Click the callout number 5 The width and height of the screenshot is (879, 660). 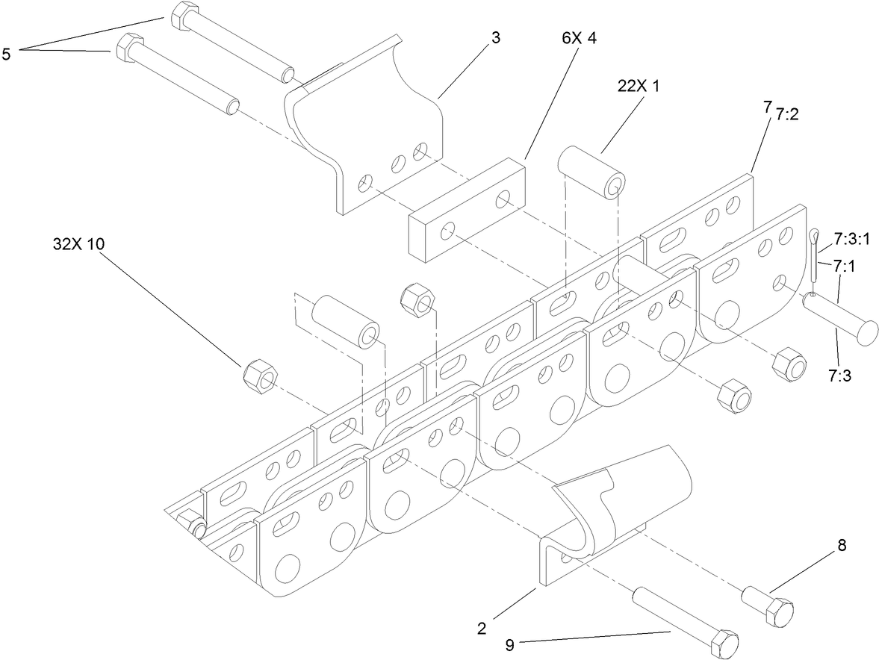[7, 55]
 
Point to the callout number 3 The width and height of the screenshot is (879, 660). [494, 38]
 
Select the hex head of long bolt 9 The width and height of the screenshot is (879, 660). [724, 644]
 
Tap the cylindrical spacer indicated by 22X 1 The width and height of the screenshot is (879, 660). [593, 172]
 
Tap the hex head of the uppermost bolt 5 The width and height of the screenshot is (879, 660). [183, 16]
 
